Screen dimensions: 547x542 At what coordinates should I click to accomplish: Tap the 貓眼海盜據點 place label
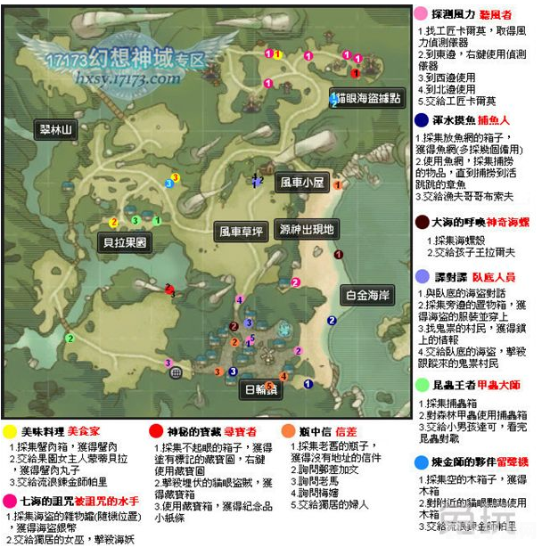366,97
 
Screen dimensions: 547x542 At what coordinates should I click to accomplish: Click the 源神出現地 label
305,229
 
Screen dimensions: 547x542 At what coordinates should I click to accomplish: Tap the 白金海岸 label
368,294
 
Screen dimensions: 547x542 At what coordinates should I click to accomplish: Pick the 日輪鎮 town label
260,389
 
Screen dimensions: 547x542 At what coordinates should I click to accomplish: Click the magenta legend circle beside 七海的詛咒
9,502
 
